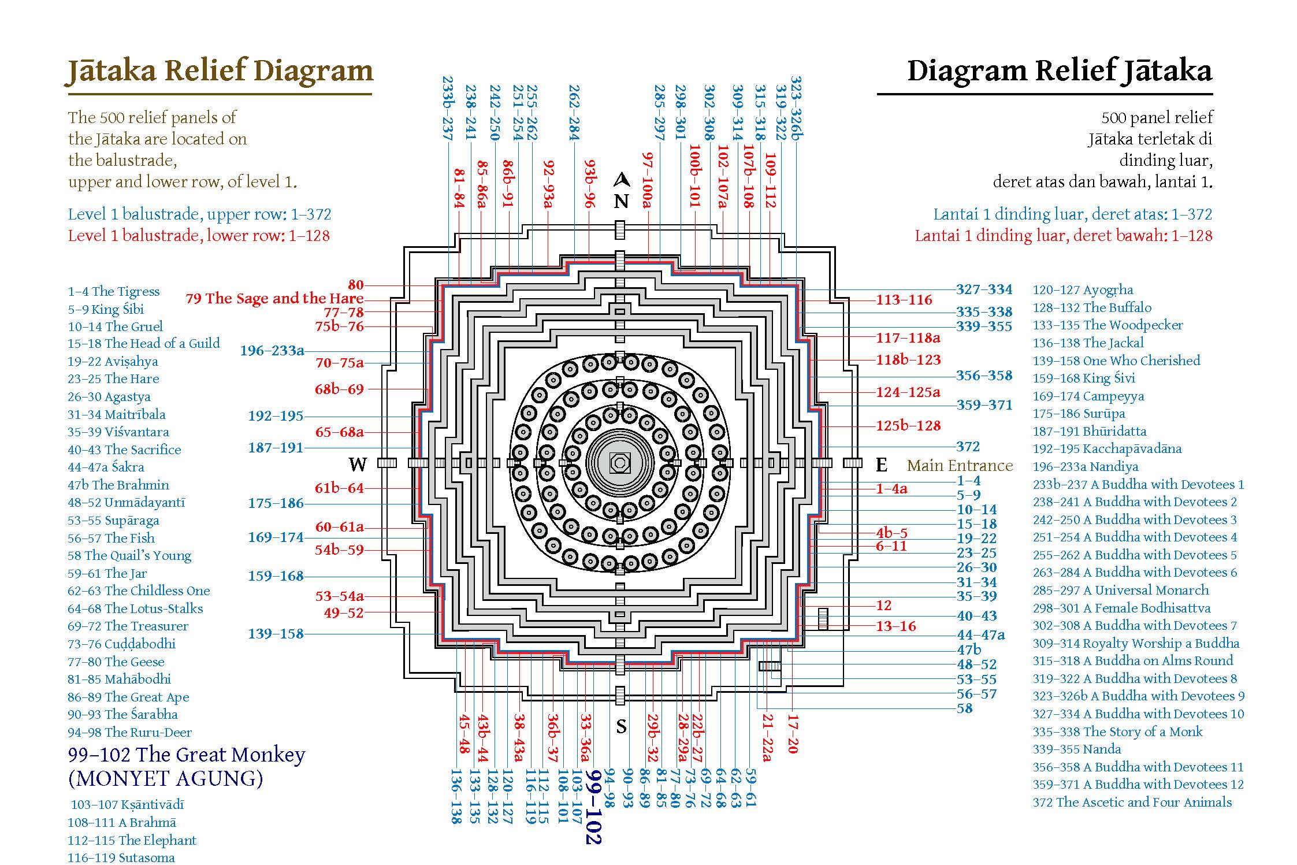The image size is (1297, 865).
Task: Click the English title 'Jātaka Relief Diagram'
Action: [x=220, y=72]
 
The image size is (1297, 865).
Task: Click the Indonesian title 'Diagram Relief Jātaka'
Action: [x=1060, y=72]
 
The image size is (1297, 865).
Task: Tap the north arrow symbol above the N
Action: [x=621, y=180]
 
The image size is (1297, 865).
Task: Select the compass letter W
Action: [x=358, y=464]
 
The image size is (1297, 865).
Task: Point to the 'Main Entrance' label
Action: [x=960, y=465]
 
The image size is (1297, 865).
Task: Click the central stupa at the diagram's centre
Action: [x=620, y=462]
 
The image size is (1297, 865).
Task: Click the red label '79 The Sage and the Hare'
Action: [x=274, y=298]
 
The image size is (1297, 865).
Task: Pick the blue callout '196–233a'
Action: [x=272, y=351]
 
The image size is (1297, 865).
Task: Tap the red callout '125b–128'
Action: [x=908, y=426]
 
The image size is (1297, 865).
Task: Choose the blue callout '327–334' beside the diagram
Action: [x=984, y=289]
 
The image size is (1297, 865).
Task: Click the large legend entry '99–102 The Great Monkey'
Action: [x=186, y=755]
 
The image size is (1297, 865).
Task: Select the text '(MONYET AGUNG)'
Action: [x=166, y=779]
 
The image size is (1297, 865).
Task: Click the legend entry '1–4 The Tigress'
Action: [x=114, y=291]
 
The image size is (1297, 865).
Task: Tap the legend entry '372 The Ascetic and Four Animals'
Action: [x=1132, y=802]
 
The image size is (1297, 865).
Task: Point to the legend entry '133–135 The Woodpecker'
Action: [x=1108, y=325]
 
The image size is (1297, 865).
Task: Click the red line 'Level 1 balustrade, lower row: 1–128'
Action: [x=199, y=236]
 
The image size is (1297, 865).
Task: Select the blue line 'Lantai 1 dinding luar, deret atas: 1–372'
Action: [x=1073, y=214]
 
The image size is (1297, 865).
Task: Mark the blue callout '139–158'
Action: [x=276, y=634]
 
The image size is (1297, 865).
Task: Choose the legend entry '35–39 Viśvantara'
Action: [x=118, y=432]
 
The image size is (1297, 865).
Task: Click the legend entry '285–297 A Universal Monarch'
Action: [x=1121, y=590]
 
